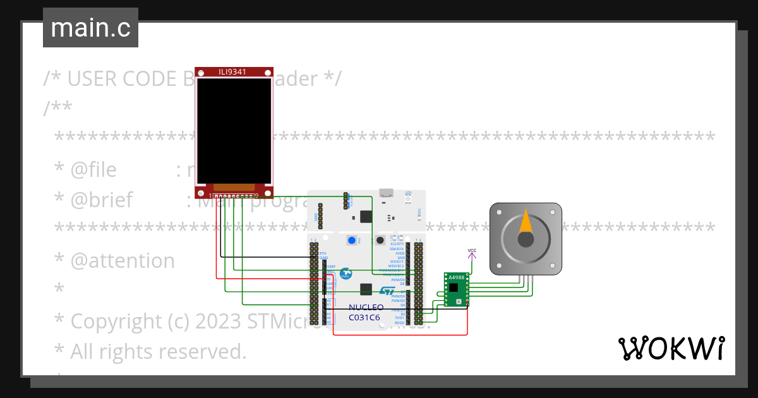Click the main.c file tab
click(90, 28)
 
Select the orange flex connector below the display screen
click(234, 187)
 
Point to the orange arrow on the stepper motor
click(526, 221)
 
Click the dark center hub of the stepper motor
click(526, 239)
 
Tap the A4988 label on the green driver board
click(456, 277)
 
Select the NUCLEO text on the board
click(366, 308)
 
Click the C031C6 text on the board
click(364, 318)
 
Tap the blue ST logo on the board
click(387, 291)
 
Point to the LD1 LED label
click(408, 193)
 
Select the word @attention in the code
click(123, 260)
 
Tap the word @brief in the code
click(101, 200)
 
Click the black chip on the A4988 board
click(454, 287)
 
